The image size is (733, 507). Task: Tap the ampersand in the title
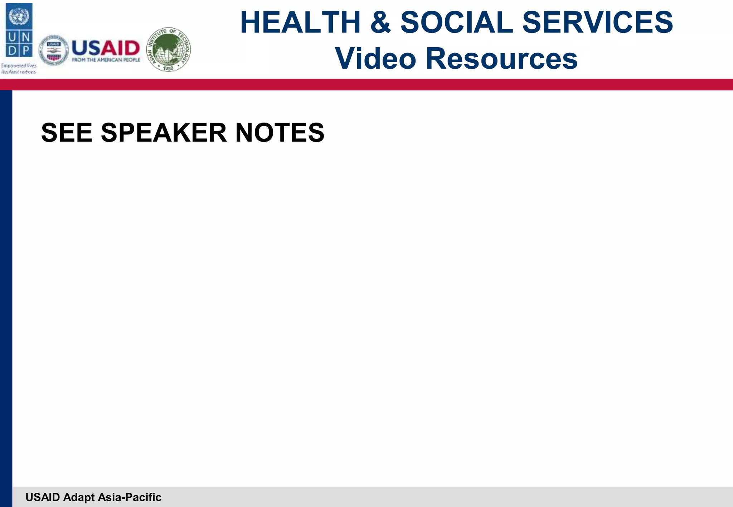[380, 23]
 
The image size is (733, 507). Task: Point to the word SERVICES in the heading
[597, 23]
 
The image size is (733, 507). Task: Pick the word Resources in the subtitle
[501, 59]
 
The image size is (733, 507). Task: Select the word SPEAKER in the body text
[164, 133]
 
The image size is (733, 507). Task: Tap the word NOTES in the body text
[280, 133]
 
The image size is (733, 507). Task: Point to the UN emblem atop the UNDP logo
[19, 16]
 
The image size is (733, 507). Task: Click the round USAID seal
[54, 50]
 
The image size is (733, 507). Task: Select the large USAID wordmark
[106, 48]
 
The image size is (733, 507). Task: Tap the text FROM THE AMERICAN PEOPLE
[106, 60]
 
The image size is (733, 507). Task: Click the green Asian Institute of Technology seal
[169, 49]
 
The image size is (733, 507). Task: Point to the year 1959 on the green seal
[168, 68]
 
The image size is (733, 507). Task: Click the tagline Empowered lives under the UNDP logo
[19, 66]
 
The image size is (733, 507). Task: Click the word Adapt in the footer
[79, 497]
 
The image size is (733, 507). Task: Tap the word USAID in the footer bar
[43, 497]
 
